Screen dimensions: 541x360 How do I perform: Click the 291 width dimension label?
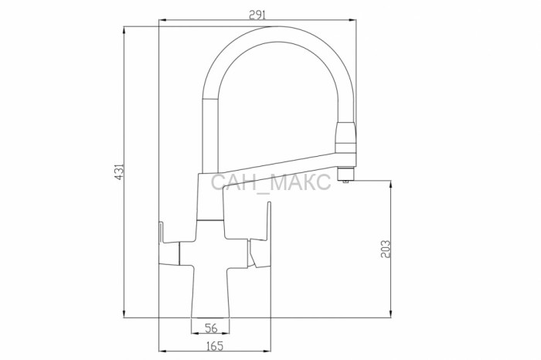[257, 15]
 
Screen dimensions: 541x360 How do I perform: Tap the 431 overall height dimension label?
[119, 172]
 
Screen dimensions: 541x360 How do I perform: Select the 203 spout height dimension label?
[386, 249]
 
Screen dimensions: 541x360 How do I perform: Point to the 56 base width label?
[211, 328]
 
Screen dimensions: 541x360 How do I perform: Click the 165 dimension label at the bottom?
[215, 346]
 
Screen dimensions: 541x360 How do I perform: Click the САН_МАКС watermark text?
[270, 182]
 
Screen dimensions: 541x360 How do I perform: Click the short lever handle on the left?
[169, 247]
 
